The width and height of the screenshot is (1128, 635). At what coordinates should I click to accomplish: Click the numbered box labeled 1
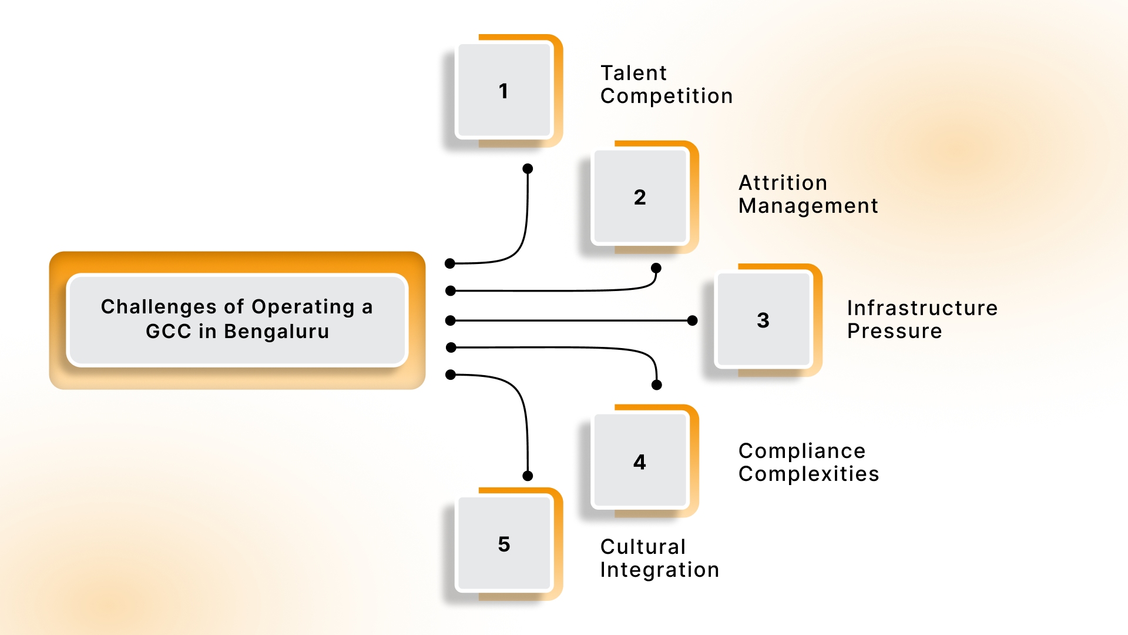(503, 91)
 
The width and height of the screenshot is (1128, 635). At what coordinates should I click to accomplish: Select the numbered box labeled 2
(640, 197)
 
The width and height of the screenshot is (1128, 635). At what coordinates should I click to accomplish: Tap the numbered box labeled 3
(763, 320)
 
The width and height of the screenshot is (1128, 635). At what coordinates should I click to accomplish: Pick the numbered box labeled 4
(640, 462)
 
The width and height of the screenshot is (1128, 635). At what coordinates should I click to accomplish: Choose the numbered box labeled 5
(503, 544)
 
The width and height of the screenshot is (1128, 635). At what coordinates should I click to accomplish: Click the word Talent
(633, 73)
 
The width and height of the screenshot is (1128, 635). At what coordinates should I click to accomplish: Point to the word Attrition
(783, 183)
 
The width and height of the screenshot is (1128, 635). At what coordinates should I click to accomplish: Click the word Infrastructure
(922, 308)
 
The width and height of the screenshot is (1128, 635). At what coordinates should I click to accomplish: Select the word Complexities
(808, 474)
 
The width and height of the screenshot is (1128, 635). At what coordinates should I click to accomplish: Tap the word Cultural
(643, 547)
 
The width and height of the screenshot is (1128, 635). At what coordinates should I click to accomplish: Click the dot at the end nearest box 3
(692, 320)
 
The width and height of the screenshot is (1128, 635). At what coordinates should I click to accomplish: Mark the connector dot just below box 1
(528, 169)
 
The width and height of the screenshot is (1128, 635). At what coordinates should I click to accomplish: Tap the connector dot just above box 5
(528, 476)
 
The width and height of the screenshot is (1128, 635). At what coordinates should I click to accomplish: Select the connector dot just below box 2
(656, 268)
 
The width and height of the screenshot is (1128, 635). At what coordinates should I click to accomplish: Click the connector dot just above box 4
(657, 385)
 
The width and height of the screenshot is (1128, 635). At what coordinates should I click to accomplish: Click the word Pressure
(894, 331)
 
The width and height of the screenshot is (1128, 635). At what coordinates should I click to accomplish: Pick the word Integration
(659, 570)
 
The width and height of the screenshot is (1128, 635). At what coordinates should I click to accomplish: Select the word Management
(808, 206)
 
